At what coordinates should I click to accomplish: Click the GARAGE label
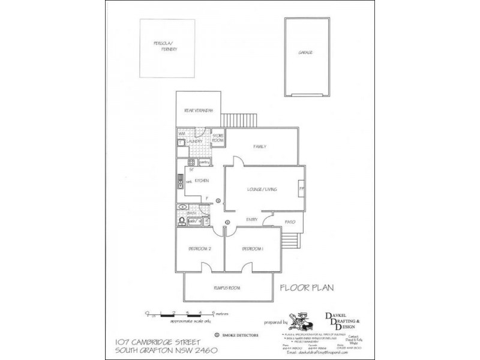[305, 53]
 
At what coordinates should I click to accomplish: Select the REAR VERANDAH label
[199, 110]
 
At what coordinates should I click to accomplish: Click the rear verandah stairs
[238, 119]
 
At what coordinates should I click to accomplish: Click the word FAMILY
[260, 146]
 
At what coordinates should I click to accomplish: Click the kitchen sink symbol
[179, 180]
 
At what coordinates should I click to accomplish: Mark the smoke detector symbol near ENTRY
[227, 223]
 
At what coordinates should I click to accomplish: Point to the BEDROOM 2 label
[200, 248]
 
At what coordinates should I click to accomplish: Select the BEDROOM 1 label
[253, 248]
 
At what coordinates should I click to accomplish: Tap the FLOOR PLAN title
[307, 288]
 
